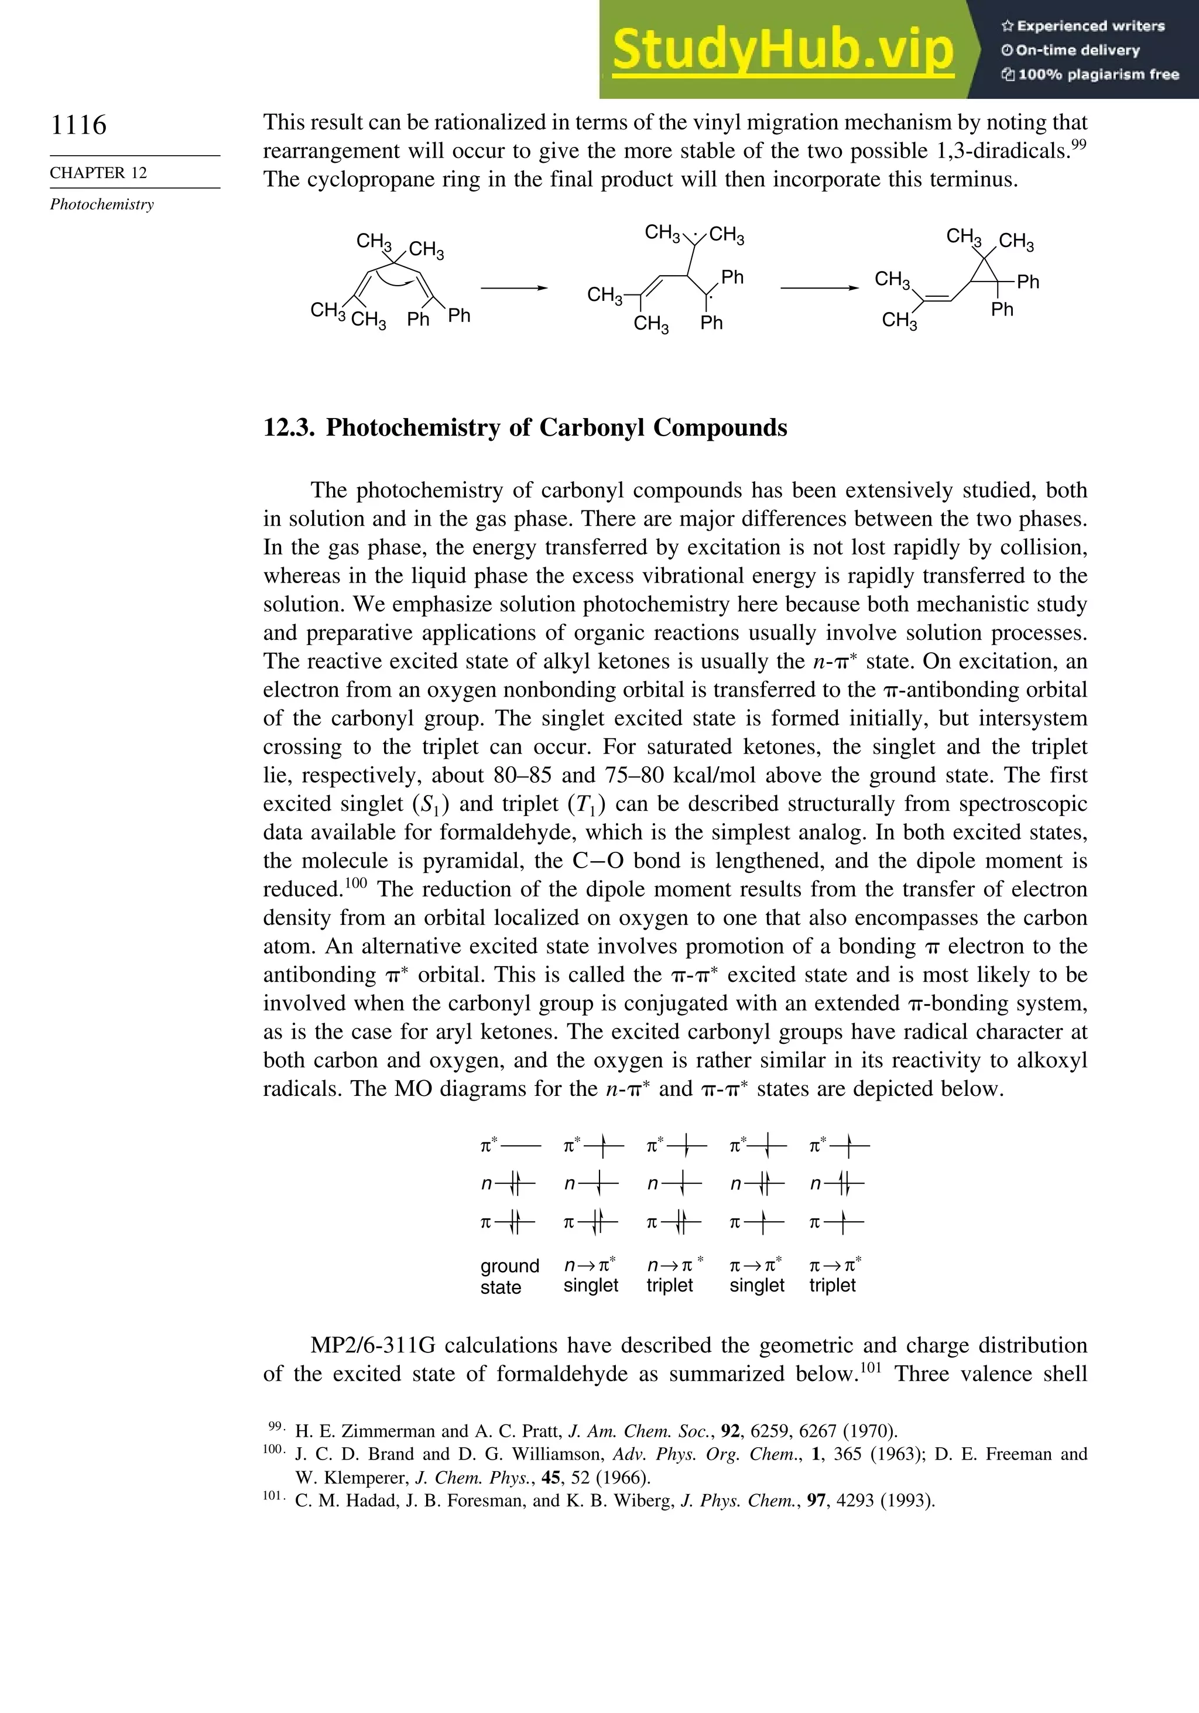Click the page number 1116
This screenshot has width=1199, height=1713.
point(78,125)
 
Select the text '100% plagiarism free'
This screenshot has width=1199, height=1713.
point(1098,74)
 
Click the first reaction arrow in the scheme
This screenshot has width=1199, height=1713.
point(514,288)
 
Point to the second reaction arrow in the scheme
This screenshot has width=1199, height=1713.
point(818,288)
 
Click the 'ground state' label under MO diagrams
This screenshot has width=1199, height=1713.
point(509,1276)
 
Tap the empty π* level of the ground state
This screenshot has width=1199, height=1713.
point(524,1145)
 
